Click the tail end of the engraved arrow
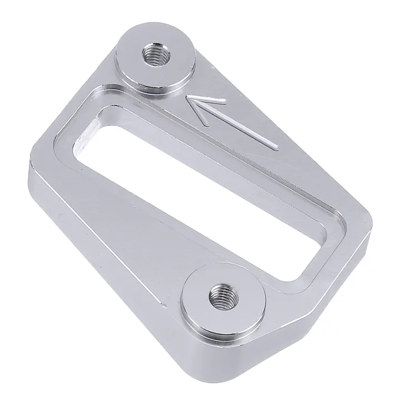(x=276, y=148)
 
